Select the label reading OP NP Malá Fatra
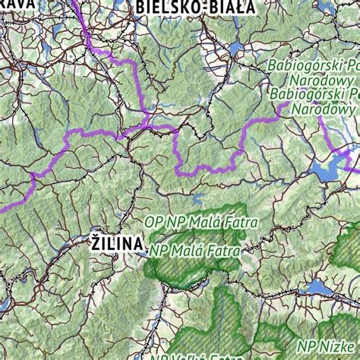(201, 223)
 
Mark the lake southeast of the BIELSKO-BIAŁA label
(237, 50)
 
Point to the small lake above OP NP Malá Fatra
(199, 201)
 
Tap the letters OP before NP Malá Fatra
(154, 223)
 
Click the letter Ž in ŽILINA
(96, 243)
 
